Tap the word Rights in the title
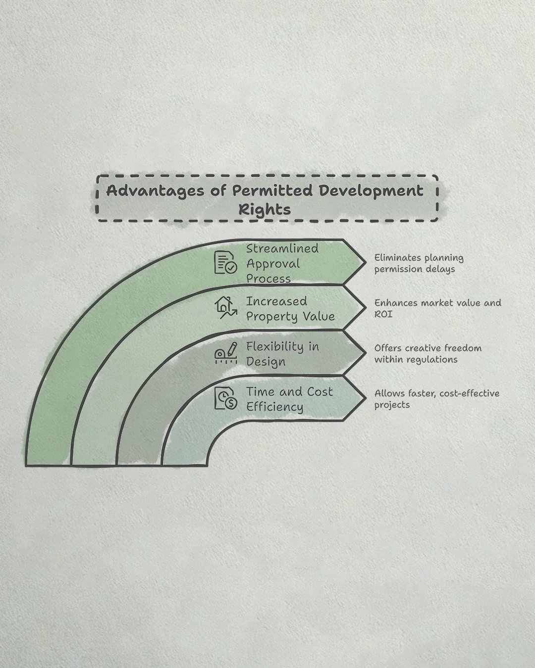(264, 209)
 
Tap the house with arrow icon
(225, 307)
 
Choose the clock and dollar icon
(225, 398)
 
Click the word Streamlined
(282, 248)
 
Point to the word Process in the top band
(268, 279)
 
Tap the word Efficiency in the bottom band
(275, 407)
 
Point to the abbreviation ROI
(383, 314)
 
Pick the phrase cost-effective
(470, 394)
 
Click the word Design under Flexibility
(266, 362)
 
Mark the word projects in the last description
(392, 405)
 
